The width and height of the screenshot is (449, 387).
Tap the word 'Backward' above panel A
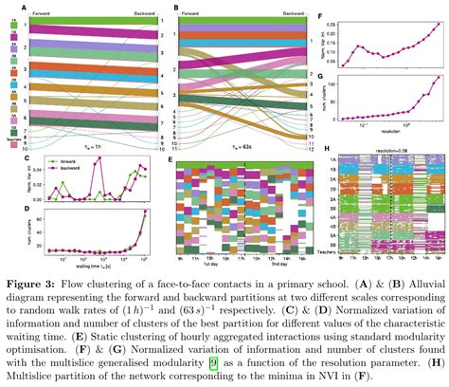(135, 13)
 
